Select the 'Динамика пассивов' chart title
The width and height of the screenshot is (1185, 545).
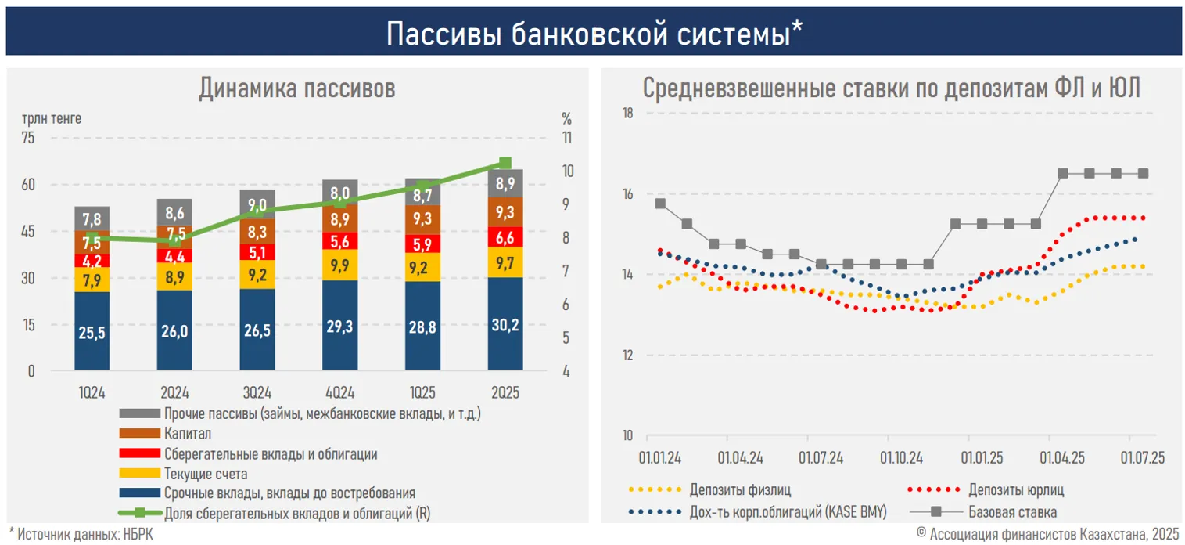tap(296, 88)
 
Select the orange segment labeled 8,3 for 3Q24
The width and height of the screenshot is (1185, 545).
tap(257, 232)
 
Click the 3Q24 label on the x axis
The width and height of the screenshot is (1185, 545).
tap(257, 392)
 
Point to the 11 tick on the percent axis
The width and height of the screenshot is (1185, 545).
tap(566, 138)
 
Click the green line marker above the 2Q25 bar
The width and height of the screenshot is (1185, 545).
tap(505, 163)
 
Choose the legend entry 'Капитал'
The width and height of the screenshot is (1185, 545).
tap(188, 433)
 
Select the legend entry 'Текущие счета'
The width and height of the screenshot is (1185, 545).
tap(206, 473)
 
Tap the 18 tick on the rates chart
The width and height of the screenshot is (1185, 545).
tap(627, 114)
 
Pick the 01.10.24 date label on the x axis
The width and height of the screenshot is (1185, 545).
tap(901, 457)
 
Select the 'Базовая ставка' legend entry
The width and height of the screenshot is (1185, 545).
tap(1012, 512)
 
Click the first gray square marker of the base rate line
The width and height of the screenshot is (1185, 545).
tap(660, 204)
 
